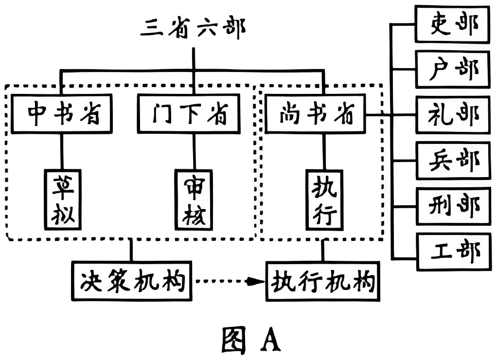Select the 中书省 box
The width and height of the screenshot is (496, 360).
61,114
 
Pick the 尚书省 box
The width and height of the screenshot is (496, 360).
316,114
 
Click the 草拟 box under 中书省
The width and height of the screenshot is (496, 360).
63,200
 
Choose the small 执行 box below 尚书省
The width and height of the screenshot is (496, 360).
324,200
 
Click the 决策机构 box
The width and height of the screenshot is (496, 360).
131,281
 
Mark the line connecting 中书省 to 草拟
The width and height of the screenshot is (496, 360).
61,151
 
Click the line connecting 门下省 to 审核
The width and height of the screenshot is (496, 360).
194,151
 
